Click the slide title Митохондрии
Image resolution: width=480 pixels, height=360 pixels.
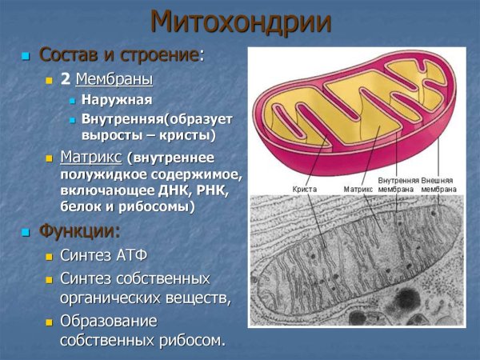click(x=240, y=22)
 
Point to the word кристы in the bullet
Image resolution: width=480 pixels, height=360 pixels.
click(x=185, y=134)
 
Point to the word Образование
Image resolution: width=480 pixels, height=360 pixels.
click(x=109, y=321)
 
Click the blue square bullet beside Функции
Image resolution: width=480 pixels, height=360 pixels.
click(x=26, y=233)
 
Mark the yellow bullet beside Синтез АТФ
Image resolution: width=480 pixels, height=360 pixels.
click(x=50, y=257)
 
